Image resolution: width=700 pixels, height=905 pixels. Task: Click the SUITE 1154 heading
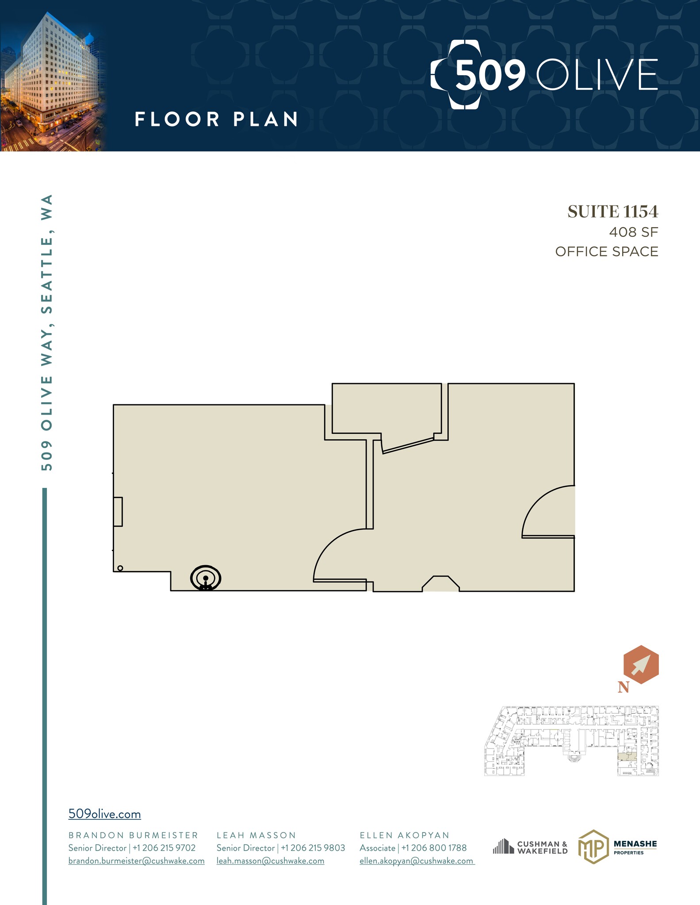612,212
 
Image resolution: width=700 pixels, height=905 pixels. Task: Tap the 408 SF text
633,232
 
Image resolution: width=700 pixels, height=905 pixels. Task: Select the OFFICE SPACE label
606,251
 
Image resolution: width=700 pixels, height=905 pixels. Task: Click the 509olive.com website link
104,814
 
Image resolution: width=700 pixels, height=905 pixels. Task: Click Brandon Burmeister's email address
136,861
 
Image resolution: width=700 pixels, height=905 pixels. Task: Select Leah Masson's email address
270,861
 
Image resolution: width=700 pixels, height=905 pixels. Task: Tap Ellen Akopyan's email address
417,861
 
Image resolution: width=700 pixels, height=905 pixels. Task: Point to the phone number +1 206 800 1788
434,848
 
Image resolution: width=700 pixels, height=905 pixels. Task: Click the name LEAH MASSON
256,835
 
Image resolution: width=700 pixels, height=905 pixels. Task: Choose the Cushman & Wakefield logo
530,847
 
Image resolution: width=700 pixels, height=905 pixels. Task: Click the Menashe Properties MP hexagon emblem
593,847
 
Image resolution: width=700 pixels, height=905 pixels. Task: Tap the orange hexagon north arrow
641,665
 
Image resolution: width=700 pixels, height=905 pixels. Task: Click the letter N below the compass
623,687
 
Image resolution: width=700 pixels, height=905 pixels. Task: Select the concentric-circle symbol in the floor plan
206,578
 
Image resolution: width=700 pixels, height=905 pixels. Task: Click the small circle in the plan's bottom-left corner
120,568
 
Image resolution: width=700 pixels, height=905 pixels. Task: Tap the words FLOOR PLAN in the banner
216,119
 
